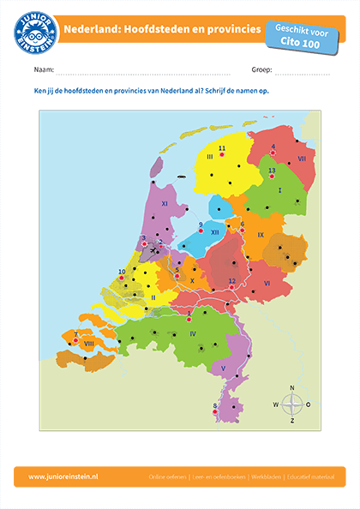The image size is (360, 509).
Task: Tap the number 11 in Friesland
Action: point(221,148)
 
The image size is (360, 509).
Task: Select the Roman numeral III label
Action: point(209,157)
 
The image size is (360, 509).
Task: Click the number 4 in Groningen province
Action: point(273,147)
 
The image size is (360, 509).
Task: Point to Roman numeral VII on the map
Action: point(302,159)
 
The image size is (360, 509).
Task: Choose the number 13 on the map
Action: point(272,171)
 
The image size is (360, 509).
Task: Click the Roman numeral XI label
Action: point(165,204)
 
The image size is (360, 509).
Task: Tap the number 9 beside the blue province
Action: point(201,225)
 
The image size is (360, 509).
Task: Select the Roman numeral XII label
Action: point(214,232)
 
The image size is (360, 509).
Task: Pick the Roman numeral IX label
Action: point(261,234)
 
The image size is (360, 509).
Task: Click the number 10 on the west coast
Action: point(122,272)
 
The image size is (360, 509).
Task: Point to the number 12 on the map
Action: point(231,280)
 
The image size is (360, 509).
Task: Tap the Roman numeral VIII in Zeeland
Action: point(88,343)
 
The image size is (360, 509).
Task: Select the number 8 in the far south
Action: point(214,404)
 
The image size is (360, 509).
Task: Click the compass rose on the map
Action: point(292,404)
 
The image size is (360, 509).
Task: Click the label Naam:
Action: point(44,69)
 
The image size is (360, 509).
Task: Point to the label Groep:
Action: point(262,69)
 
